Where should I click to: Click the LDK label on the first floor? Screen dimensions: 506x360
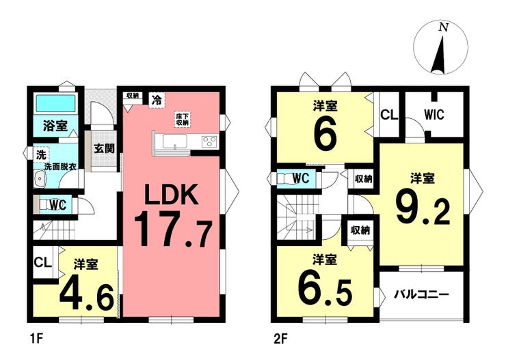coord(172,194)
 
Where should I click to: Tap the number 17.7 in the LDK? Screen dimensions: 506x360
coord(173,230)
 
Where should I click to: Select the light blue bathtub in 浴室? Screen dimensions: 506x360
coord(55,103)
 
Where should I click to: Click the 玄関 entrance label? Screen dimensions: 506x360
coord(104,148)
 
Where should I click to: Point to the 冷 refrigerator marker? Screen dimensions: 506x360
coord(157,100)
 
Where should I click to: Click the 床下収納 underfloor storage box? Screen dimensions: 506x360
coord(183,120)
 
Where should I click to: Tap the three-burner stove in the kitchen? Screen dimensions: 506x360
coord(209,141)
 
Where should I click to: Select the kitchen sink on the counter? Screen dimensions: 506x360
coord(175,141)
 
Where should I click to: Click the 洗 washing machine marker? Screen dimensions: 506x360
coord(41,155)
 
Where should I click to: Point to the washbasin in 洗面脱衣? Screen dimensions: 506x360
coord(40,178)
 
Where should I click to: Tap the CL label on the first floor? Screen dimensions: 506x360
coord(42,262)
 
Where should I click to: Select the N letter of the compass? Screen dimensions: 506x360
coord(444,28)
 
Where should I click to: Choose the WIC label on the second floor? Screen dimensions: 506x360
coord(434,115)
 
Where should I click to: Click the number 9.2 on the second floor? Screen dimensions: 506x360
coord(423,210)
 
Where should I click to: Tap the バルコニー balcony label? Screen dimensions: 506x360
coord(422,294)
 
